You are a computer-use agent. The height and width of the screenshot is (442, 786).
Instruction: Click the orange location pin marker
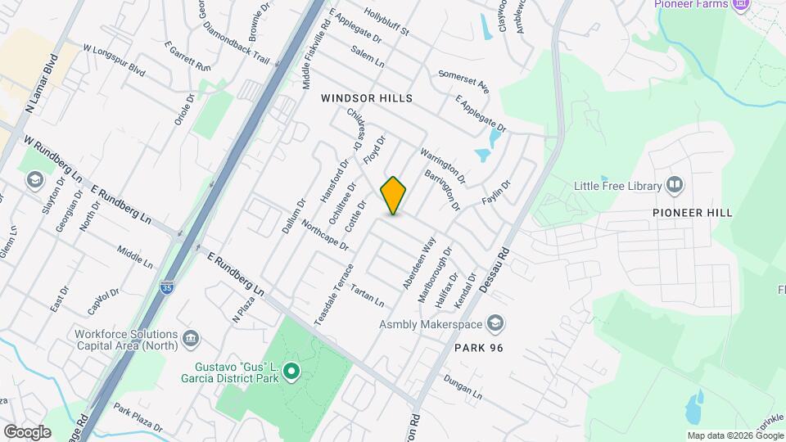point(394,196)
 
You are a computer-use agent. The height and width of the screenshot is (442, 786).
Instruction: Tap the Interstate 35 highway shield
point(166,287)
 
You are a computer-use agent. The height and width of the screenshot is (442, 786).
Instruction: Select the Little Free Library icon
point(675,185)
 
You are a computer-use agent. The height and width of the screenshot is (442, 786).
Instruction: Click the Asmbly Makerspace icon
point(494,324)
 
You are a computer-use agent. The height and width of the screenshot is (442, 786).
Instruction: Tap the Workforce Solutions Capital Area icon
point(191,338)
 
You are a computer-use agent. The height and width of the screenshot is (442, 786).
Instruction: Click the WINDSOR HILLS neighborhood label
point(366,98)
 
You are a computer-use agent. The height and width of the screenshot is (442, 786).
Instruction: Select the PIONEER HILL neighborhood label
point(692,213)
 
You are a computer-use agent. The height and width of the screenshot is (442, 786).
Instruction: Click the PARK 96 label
point(477,348)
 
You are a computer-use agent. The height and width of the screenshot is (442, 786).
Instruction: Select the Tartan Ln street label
point(367,295)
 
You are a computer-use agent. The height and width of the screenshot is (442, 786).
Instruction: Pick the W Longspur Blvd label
point(114,61)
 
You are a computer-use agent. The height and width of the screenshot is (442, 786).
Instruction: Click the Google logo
point(27,432)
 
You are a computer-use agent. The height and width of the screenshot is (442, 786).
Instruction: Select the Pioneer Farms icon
point(742,5)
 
